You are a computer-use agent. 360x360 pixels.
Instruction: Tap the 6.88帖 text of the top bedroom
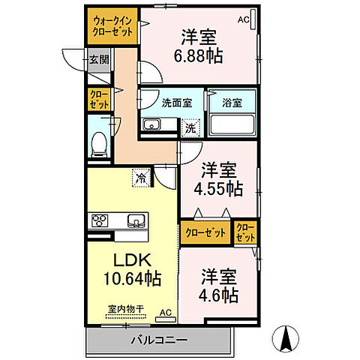199,55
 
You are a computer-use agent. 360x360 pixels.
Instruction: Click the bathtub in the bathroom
232,123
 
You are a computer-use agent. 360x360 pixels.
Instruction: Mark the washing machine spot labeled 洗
191,127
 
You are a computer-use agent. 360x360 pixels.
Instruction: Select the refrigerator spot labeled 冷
140,178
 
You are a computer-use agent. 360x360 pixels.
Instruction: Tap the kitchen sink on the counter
136,220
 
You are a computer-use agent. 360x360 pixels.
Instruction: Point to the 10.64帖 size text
133,279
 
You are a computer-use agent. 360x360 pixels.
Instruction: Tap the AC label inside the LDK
166,313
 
